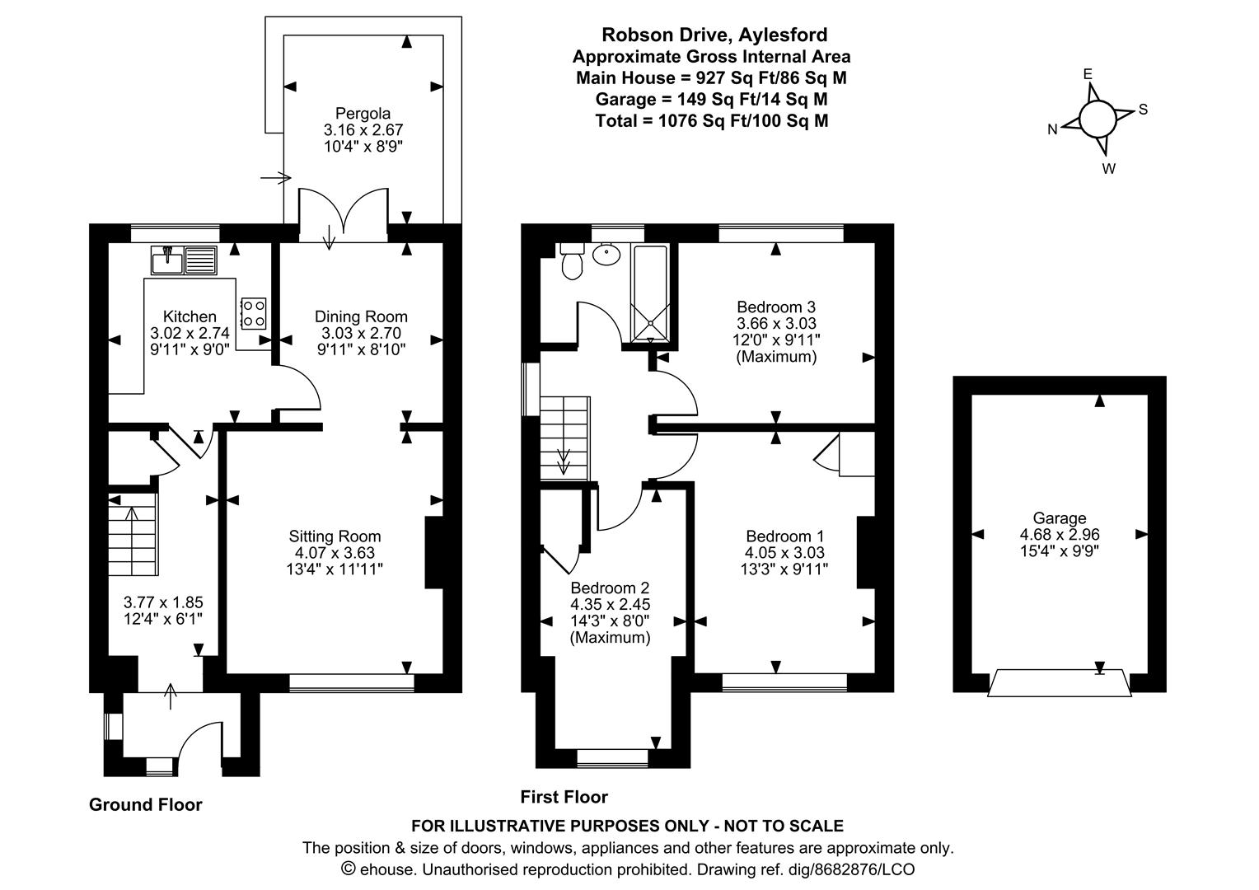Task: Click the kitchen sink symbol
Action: tap(183, 260)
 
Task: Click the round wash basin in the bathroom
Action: tap(607, 255)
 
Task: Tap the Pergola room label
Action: tap(363, 114)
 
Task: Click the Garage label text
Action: tap(1060, 518)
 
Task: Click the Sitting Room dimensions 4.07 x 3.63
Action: tap(335, 553)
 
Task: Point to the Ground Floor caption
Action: tap(145, 805)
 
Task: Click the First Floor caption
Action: tap(564, 797)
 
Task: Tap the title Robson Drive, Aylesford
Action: tap(714, 35)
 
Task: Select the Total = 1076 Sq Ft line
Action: tap(712, 120)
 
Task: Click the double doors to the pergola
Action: tap(342, 216)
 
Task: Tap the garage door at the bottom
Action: tap(1060, 684)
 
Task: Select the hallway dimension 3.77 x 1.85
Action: tap(163, 602)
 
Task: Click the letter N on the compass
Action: tap(1052, 129)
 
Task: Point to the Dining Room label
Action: tap(361, 316)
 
